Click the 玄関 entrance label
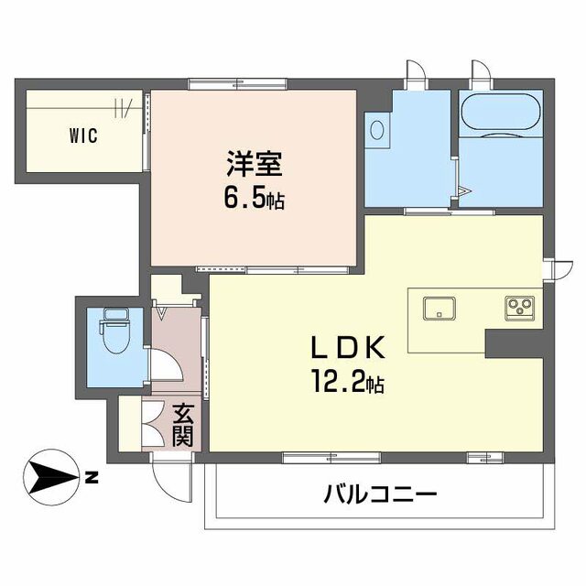click(x=181, y=426)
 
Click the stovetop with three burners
click(x=519, y=307)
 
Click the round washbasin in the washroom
click(x=376, y=129)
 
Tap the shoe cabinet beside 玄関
click(x=150, y=425)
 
